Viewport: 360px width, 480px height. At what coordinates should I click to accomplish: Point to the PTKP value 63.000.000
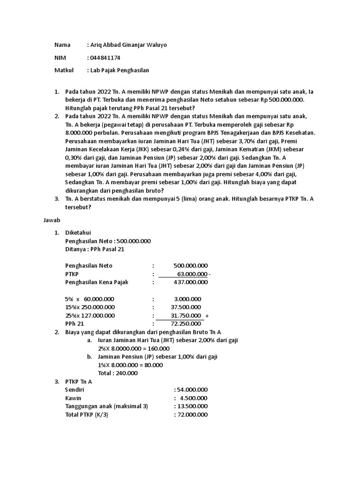[x=192, y=274]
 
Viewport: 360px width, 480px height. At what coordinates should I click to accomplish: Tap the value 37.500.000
[x=187, y=307]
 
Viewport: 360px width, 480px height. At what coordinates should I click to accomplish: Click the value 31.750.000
[x=187, y=315]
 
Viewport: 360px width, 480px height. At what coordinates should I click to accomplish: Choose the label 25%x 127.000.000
[x=90, y=315]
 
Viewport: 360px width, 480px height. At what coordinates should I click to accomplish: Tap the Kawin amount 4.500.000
[x=194, y=398]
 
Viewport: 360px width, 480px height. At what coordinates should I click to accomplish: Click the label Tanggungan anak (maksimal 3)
[x=106, y=406]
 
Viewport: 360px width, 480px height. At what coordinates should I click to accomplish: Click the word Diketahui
[x=78, y=232]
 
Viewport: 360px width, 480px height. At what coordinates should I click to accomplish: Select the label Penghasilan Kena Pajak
[x=97, y=282]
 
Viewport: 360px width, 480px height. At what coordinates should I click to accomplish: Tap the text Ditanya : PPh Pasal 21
[x=95, y=249]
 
